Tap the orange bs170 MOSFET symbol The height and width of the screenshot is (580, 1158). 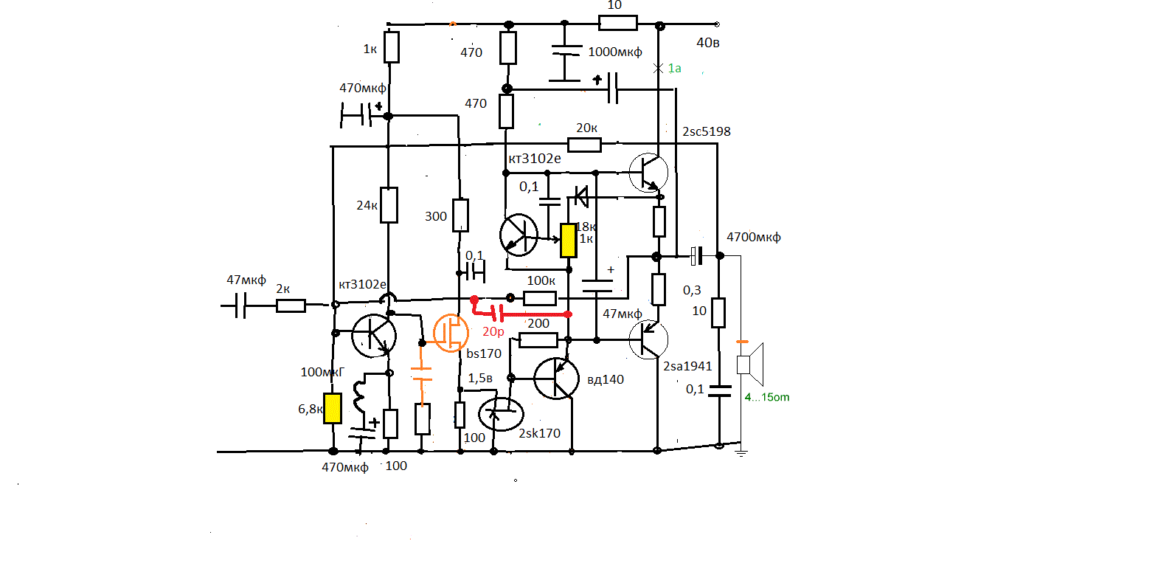tap(450, 334)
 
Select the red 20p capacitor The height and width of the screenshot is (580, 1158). tap(497, 314)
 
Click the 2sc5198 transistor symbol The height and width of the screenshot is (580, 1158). tap(648, 172)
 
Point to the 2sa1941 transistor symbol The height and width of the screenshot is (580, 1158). tap(648, 339)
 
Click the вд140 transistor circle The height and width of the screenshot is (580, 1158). tap(556, 379)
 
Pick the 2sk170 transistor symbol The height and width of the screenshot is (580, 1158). tap(501, 414)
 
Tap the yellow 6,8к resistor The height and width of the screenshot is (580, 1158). tap(333, 408)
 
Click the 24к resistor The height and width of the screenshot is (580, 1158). tap(389, 205)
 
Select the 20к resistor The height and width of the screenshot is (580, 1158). tap(584, 145)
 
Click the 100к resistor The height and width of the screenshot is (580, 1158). tap(540, 298)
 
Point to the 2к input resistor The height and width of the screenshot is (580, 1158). tap(291, 305)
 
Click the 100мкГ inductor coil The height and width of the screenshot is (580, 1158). tap(359, 396)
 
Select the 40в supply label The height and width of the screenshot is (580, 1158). tap(708, 42)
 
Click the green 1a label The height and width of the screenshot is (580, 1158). tap(674, 68)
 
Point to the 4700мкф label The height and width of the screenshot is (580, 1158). tap(753, 237)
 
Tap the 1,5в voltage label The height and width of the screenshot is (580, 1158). tap(479, 379)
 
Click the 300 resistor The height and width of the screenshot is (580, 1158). tap(460, 215)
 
